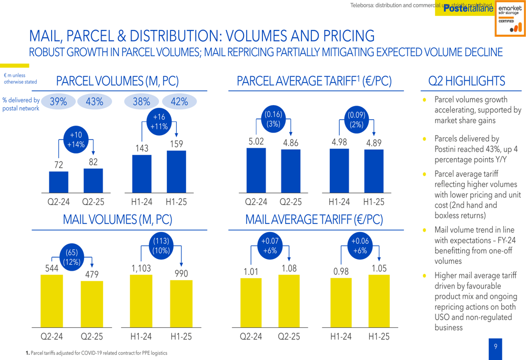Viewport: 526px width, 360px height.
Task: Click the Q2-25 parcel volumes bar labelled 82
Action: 93,181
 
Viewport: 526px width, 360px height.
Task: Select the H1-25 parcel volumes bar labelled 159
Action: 176,172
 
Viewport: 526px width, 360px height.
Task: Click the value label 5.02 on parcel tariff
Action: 256,142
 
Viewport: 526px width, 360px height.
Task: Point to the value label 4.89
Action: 374,143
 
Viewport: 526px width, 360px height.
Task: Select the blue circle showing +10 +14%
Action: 76,140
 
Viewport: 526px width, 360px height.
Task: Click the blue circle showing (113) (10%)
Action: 160,246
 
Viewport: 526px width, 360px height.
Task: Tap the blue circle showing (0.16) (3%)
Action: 274,119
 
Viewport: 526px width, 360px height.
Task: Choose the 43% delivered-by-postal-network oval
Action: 94,102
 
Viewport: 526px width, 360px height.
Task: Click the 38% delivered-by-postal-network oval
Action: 141,102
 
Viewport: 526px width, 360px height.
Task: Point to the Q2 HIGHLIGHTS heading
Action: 467,81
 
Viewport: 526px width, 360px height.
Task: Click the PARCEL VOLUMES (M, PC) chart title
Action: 117,81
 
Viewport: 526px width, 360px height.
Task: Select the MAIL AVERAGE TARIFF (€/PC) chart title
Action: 314,219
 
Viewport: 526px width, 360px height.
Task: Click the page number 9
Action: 495,346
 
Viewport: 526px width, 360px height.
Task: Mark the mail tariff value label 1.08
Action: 289,269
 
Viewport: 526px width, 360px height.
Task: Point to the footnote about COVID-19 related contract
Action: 97,353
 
